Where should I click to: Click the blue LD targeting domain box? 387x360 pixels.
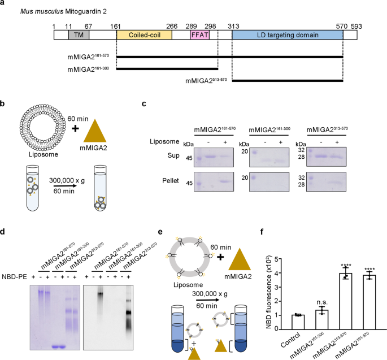287,35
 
